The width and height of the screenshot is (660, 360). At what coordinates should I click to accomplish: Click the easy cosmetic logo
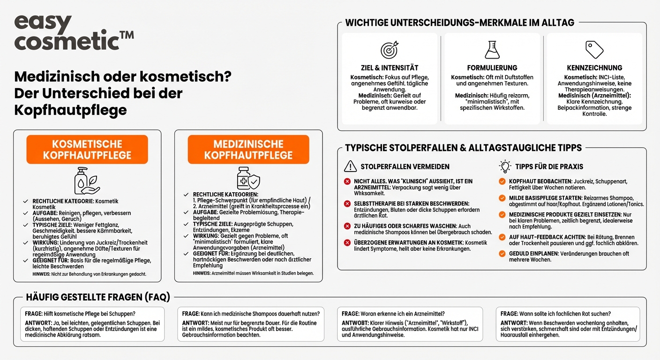tap(74, 33)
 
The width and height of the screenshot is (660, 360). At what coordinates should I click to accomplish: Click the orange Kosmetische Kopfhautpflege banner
tap(87, 150)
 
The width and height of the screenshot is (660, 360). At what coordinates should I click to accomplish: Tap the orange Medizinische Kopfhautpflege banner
tap(248, 150)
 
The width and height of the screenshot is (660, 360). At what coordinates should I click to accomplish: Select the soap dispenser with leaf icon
tap(87, 180)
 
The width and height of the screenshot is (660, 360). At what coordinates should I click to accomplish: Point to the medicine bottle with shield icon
tap(248, 178)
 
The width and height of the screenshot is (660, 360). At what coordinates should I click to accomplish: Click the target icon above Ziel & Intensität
tap(389, 50)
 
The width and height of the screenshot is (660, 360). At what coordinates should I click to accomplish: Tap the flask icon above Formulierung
tap(492, 50)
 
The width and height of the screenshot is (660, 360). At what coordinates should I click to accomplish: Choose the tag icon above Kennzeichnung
tap(594, 50)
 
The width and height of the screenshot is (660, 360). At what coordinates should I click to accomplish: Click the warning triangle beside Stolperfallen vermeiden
tap(350, 166)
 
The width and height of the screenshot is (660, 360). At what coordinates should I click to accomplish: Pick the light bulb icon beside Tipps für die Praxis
tap(505, 166)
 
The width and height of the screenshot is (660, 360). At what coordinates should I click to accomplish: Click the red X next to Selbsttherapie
tap(347, 203)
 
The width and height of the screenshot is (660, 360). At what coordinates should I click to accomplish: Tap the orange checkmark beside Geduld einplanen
tap(502, 254)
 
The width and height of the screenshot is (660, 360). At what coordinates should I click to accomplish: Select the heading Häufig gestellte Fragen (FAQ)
tap(98, 297)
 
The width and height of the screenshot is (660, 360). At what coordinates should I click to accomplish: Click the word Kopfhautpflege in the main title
tap(70, 110)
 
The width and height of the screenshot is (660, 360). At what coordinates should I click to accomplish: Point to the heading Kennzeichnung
tap(594, 68)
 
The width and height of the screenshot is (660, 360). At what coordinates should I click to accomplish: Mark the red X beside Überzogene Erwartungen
tap(347, 243)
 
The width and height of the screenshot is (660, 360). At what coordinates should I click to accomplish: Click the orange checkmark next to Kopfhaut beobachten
tap(502, 181)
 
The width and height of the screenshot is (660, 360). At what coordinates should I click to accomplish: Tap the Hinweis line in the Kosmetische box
tap(89, 274)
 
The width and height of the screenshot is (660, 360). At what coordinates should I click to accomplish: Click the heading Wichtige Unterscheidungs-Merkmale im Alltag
tap(459, 22)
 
